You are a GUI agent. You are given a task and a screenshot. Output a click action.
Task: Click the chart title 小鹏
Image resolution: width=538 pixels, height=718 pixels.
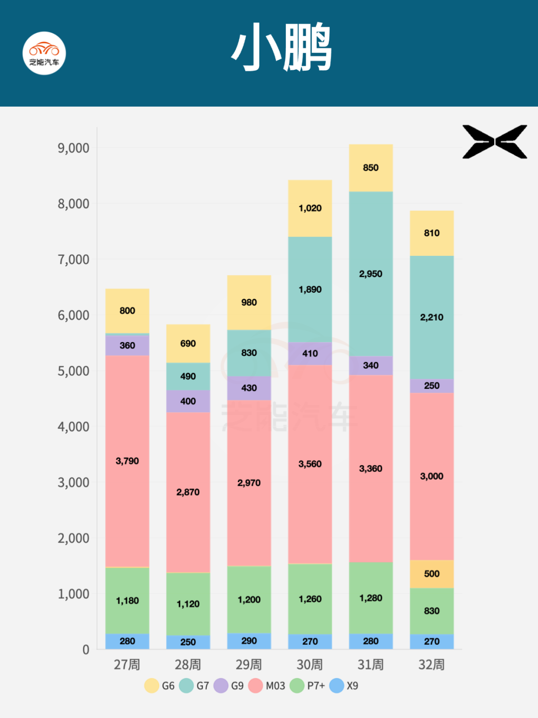tap(281, 47)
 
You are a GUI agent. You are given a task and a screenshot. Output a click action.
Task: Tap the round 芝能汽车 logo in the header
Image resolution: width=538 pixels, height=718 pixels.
tap(44, 53)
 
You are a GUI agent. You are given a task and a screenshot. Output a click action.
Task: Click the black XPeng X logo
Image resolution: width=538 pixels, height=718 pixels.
tap(495, 142)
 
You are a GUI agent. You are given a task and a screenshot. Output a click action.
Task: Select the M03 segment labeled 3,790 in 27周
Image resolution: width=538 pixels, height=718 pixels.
tap(127, 461)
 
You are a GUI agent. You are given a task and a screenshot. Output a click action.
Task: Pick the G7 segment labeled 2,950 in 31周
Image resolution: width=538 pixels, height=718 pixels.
tap(371, 274)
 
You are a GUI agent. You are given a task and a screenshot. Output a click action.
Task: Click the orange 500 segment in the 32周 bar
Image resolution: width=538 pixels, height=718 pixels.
tap(431, 574)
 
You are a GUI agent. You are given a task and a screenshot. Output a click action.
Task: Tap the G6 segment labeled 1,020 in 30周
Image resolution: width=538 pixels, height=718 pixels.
tap(310, 208)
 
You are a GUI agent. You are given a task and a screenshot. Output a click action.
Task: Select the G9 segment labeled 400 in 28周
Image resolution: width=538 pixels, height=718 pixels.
tap(188, 401)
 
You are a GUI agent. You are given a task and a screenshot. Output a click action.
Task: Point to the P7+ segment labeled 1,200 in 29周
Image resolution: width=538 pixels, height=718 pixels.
tap(249, 600)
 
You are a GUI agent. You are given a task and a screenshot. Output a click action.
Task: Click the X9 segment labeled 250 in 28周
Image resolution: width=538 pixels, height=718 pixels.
tap(188, 642)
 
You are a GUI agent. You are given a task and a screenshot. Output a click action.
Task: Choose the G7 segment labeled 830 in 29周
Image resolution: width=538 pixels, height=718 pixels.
tap(249, 353)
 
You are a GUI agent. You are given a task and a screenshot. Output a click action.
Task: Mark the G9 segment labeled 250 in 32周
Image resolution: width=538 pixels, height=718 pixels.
tap(431, 386)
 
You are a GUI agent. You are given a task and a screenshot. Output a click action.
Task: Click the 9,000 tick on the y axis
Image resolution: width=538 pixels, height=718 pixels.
tap(73, 148)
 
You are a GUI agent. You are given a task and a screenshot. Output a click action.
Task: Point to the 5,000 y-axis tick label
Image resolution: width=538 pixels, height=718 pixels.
tap(73, 371)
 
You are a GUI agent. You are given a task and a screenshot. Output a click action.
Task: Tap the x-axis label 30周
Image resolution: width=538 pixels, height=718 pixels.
tap(310, 665)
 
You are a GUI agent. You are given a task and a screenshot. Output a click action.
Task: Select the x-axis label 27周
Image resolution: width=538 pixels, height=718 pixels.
tap(127, 665)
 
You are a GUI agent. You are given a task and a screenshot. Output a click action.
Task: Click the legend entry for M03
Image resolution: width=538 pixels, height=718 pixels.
tap(267, 686)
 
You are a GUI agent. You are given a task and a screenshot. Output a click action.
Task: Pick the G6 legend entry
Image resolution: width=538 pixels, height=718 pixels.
tap(160, 686)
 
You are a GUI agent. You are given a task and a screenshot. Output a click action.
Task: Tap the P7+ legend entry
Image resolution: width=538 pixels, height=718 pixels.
tap(307, 686)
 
